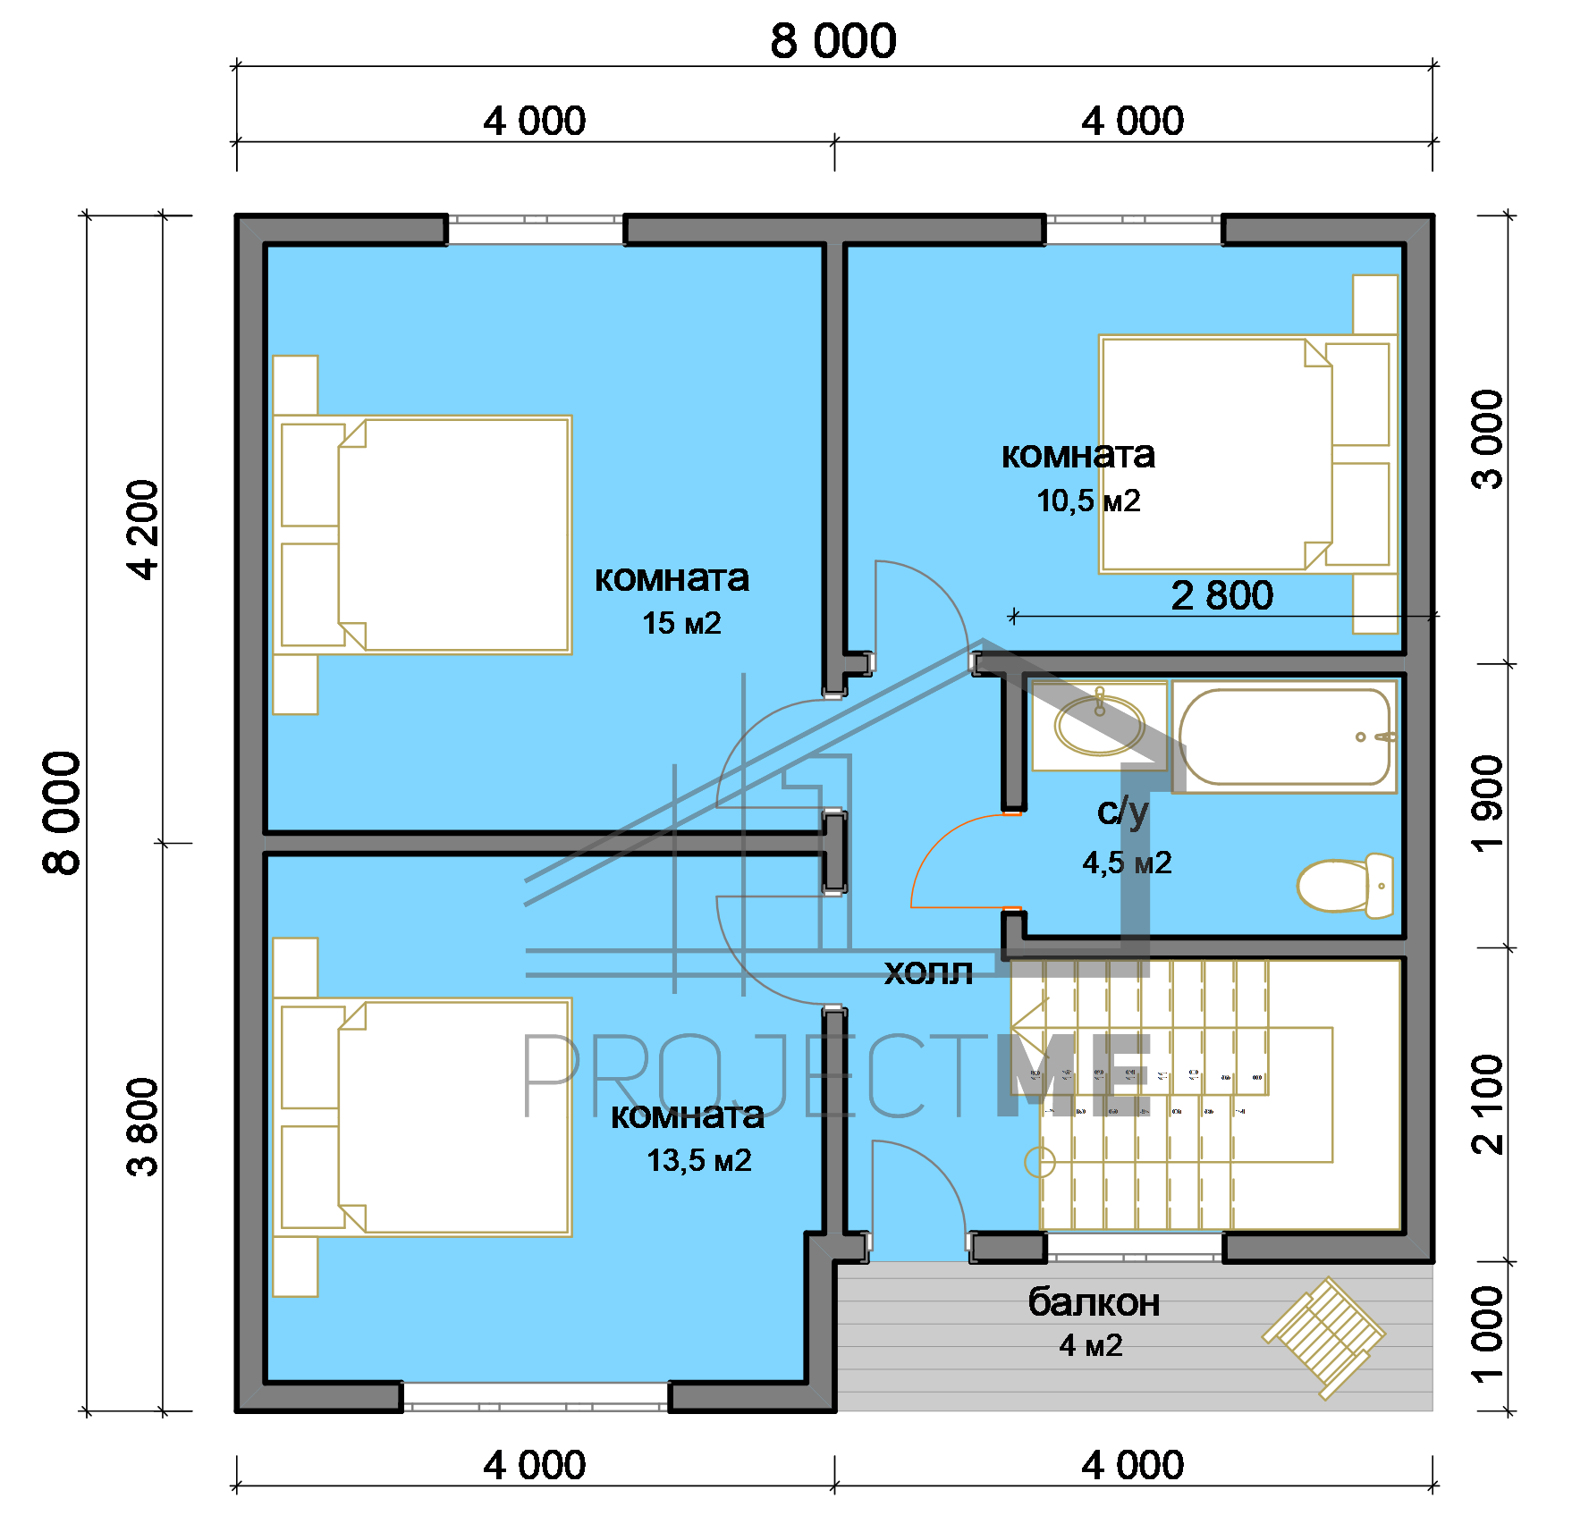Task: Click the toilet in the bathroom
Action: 1346,885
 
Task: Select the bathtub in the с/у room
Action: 1285,737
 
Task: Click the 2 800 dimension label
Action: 1221,595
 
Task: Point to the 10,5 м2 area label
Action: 1088,501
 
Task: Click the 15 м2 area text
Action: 681,623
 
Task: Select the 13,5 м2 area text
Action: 698,1160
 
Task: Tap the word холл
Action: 928,972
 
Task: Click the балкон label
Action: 1094,1301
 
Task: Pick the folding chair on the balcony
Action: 1324,1337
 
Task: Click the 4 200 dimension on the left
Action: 143,530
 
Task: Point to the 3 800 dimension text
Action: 143,1126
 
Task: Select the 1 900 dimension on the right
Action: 1488,804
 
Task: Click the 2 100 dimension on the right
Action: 1488,1105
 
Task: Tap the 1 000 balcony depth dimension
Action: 1488,1334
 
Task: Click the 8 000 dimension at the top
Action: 833,41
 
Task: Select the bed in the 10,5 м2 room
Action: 1248,454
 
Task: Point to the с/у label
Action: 1122,812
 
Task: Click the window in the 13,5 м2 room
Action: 536,1397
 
